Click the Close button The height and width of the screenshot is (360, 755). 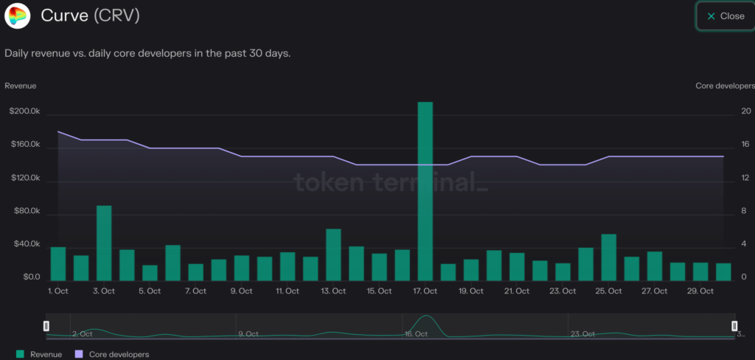725,16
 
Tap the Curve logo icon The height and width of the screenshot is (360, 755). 17,15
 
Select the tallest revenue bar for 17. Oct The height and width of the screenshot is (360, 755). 425,191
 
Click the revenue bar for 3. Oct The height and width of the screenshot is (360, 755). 104,243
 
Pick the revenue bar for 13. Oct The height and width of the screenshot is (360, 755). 333,255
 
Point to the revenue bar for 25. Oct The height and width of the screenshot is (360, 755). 609,257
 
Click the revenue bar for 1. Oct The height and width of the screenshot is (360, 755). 58,263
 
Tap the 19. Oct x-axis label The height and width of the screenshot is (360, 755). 470,291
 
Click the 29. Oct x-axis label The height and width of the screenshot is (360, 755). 700,291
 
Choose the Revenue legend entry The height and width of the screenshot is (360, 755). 40,355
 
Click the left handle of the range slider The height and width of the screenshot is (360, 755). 46,326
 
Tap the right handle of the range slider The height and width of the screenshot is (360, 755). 734,326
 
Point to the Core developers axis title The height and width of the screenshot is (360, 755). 725,86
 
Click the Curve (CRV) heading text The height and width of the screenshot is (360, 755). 91,15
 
